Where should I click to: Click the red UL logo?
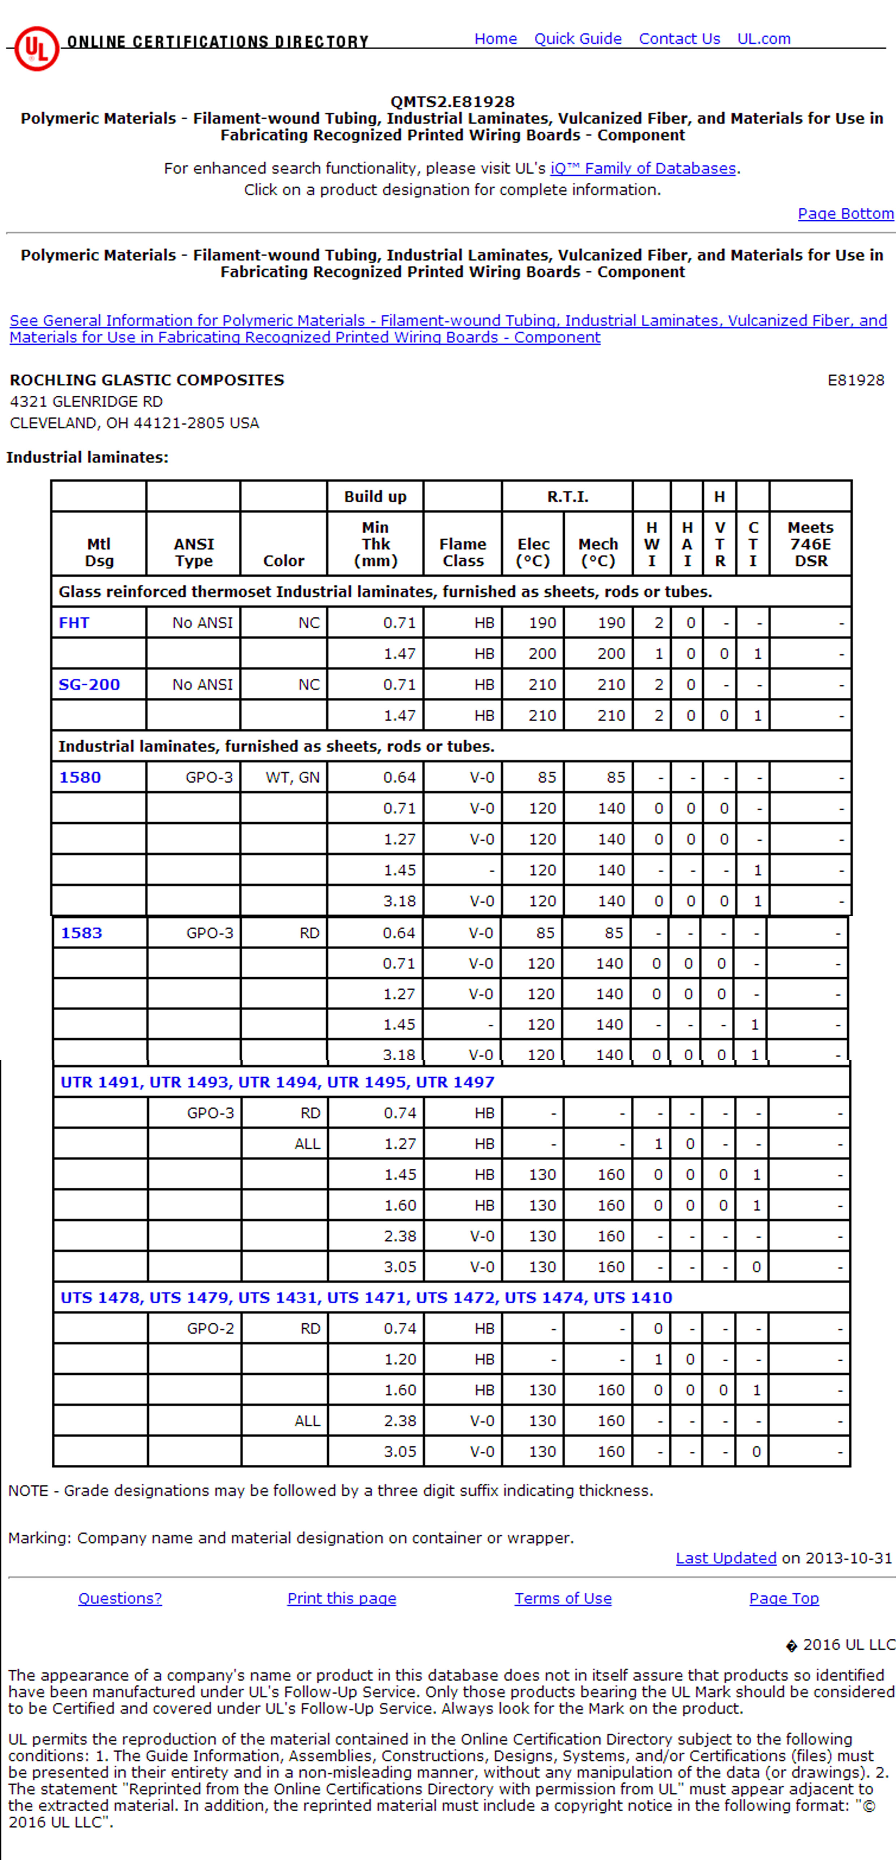pyautogui.click(x=36, y=48)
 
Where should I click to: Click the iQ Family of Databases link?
pyautogui.click(x=643, y=168)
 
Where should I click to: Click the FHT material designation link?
pyautogui.click(x=74, y=623)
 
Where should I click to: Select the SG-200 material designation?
pyautogui.click(x=89, y=685)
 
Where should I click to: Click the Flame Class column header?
pyautogui.click(x=463, y=552)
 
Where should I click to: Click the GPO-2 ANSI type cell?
pyautogui.click(x=210, y=1329)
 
